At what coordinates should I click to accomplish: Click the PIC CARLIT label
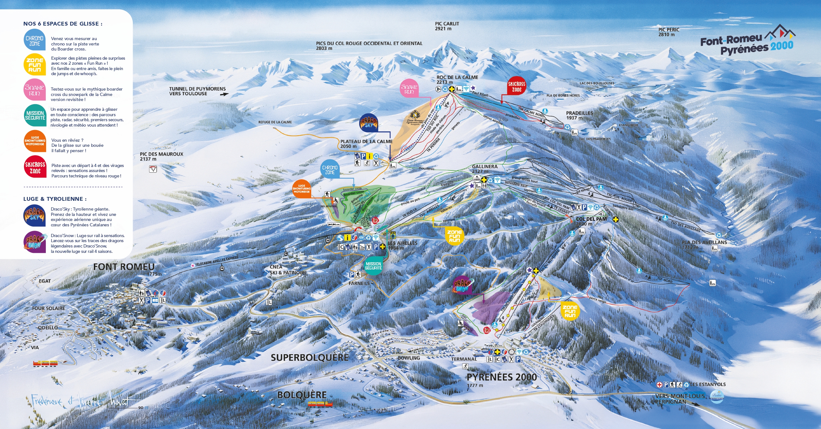(447, 26)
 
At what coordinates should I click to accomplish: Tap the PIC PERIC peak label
(669, 32)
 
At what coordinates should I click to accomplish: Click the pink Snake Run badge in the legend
(34, 90)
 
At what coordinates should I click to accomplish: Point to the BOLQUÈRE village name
(302, 395)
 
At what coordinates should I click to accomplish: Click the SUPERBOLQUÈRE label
(310, 357)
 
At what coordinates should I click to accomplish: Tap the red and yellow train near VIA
(45, 363)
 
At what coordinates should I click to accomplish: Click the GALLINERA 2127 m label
(485, 169)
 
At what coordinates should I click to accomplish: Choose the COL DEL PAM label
(591, 219)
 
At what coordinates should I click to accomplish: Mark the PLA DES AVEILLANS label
(704, 242)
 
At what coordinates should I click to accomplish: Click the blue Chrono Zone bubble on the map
(329, 170)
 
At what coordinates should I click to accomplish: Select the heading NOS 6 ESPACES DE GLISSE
(63, 24)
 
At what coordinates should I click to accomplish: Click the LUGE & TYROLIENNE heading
(55, 199)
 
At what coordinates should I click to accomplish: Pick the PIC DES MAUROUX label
(161, 156)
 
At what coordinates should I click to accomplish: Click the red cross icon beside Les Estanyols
(659, 385)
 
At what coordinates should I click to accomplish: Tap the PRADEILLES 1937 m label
(579, 115)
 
